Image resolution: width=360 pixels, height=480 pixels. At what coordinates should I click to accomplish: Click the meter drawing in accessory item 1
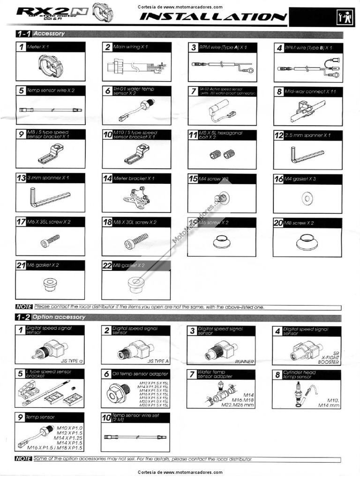tap(51, 67)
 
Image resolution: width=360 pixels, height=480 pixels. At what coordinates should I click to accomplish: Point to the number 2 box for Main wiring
tap(108, 47)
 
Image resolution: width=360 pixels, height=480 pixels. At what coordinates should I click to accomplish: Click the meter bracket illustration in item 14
tap(137, 196)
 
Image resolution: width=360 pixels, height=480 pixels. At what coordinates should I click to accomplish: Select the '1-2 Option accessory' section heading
tap(52, 317)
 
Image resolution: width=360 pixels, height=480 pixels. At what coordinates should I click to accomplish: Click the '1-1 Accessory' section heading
tap(41, 34)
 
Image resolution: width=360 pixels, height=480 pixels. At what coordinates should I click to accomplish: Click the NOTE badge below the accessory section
tap(23, 307)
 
